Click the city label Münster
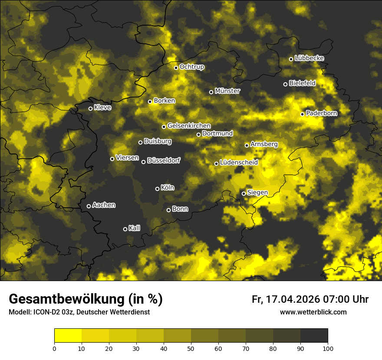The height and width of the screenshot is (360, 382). pyautogui.click(x=227, y=91)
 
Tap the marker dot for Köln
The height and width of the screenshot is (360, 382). pyautogui.click(x=157, y=189)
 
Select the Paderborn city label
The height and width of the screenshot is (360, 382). pyautogui.click(x=321, y=113)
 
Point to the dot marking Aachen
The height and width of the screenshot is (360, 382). pyautogui.click(x=89, y=206)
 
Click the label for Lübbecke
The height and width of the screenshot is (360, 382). pyautogui.click(x=309, y=58)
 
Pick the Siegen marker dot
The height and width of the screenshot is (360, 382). pyautogui.click(x=244, y=193)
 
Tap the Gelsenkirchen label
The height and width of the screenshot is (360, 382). pyautogui.click(x=189, y=126)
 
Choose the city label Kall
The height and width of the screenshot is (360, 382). pyautogui.click(x=134, y=228)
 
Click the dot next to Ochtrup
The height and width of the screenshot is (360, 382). pyautogui.click(x=176, y=68)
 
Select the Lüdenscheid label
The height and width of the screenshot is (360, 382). pyautogui.click(x=239, y=163)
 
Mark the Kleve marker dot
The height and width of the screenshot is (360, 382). pyautogui.click(x=90, y=108)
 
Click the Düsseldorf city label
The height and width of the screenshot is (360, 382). pyautogui.click(x=163, y=160)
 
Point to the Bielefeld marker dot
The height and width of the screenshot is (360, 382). pyautogui.click(x=285, y=84)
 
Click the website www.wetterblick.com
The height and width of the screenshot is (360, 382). pyautogui.click(x=313, y=312)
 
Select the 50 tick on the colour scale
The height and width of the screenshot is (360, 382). pyautogui.click(x=191, y=348)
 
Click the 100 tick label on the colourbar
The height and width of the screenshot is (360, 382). pyautogui.click(x=328, y=348)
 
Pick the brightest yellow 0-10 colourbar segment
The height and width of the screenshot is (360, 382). pyautogui.click(x=68, y=336)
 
